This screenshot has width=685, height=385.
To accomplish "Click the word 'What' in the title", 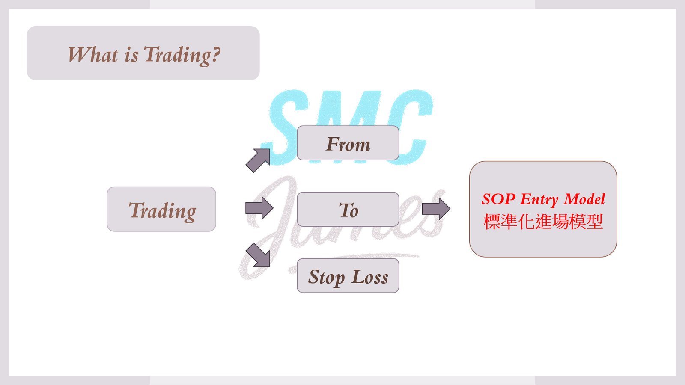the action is pyautogui.click(x=93, y=55).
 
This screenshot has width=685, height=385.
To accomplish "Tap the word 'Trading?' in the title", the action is pyautogui.click(x=182, y=55).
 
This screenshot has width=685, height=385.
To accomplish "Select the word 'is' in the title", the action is pyautogui.click(x=131, y=55).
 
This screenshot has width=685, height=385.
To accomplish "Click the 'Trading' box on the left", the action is pyautogui.click(x=161, y=209).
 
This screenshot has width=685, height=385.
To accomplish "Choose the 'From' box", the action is pyautogui.click(x=348, y=143).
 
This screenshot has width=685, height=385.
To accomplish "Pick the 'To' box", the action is pyautogui.click(x=348, y=209).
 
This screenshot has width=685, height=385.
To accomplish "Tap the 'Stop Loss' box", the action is pyautogui.click(x=348, y=275).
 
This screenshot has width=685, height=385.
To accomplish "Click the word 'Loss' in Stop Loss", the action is pyautogui.click(x=370, y=277).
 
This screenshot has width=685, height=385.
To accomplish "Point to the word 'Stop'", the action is pyautogui.click(x=326, y=278).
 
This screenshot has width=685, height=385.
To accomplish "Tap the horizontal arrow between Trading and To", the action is pyautogui.click(x=259, y=208).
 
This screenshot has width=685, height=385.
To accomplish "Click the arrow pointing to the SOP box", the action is pyautogui.click(x=436, y=209).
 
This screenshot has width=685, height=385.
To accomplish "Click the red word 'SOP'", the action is pyautogui.click(x=498, y=199).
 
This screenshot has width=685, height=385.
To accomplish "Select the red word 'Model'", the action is pyautogui.click(x=584, y=199).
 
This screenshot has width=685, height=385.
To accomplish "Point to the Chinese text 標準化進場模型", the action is pyautogui.click(x=543, y=222).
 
